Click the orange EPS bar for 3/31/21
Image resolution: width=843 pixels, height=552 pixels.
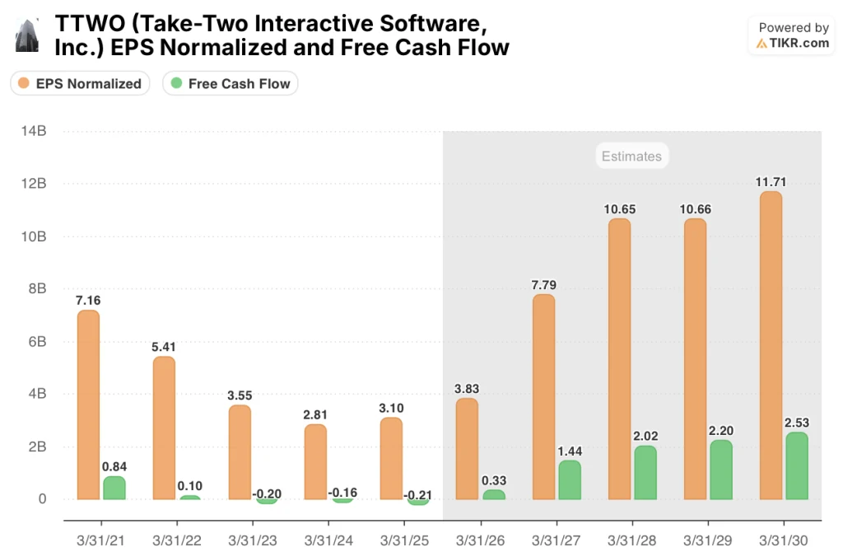(88, 405)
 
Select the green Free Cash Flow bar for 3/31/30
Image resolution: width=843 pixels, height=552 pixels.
(797, 465)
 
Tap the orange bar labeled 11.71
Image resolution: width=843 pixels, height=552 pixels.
(771, 345)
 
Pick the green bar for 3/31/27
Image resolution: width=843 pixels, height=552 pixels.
(569, 479)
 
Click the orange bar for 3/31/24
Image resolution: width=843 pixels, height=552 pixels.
(315, 461)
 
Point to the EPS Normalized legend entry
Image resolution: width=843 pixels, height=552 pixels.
(80, 83)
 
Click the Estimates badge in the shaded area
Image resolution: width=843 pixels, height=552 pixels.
(631, 156)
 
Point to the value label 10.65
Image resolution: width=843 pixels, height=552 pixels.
(619, 209)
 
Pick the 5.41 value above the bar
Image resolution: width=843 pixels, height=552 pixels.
(164, 348)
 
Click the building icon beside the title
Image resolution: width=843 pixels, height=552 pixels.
(27, 36)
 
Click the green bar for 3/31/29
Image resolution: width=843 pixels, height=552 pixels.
(720, 470)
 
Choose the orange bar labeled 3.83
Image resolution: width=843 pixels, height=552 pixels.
(467, 449)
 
